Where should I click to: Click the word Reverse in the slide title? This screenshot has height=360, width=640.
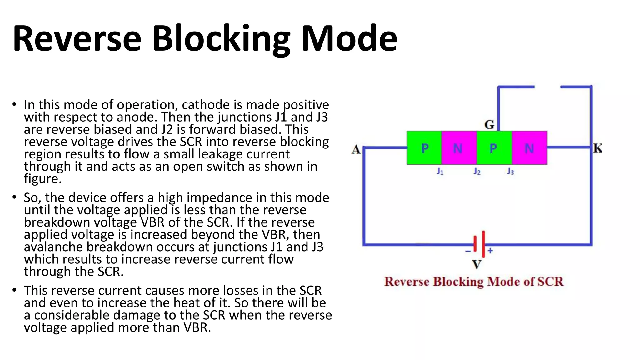pyautogui.click(x=77, y=39)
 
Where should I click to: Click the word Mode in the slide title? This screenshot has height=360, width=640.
pyautogui.click(x=349, y=39)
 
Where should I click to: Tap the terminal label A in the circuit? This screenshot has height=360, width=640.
pyautogui.click(x=356, y=150)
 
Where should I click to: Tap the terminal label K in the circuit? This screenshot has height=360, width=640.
pyautogui.click(x=597, y=148)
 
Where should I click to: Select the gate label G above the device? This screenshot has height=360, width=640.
pyautogui.click(x=489, y=125)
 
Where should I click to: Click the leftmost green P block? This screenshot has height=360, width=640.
pyautogui.click(x=424, y=148)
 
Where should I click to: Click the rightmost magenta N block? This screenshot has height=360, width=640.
pyautogui.click(x=529, y=148)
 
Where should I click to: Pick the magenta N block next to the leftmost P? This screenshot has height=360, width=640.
pyautogui.click(x=459, y=148)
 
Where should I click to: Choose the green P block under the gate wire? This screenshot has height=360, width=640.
pyautogui.click(x=494, y=148)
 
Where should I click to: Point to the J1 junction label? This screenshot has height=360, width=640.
pyautogui.click(x=440, y=171)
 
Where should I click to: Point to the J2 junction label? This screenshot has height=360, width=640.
pyautogui.click(x=477, y=171)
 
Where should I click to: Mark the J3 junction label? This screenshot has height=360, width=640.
pyautogui.click(x=510, y=171)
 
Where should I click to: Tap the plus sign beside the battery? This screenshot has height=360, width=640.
pyautogui.click(x=490, y=251)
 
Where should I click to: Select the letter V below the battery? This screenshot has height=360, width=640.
pyautogui.click(x=477, y=265)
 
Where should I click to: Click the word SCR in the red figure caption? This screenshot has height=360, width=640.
pyautogui.click(x=550, y=282)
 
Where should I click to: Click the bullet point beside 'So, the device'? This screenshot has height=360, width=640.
pyautogui.click(x=14, y=197)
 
